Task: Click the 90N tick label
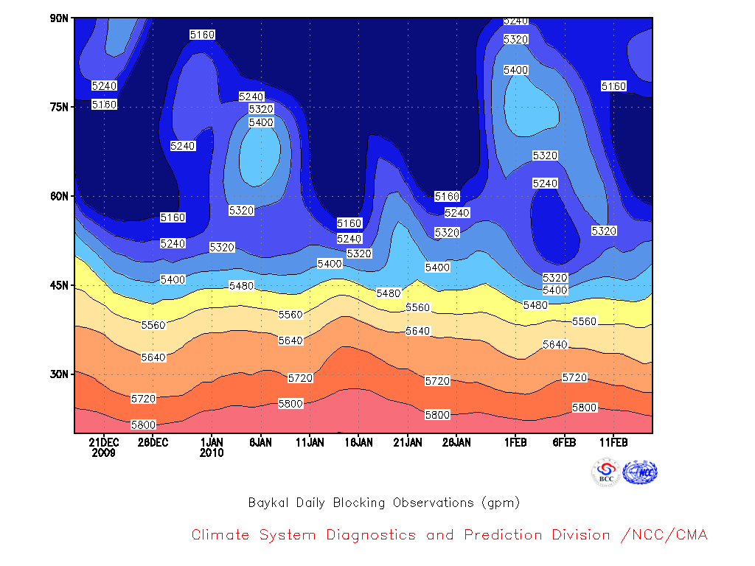point(59,18)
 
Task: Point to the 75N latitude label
point(59,107)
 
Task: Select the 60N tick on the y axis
point(59,196)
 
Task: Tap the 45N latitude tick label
point(59,285)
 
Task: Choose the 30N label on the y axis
point(59,374)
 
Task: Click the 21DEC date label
point(104,442)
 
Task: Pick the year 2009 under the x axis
point(104,453)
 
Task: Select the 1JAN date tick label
point(212,442)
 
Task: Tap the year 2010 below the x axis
point(212,453)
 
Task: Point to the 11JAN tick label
point(310,442)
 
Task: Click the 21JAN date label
point(408,442)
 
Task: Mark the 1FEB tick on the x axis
point(515,442)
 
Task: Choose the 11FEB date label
point(613,442)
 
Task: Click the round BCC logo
point(606,472)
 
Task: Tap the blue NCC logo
point(640,472)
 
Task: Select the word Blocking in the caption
point(359,503)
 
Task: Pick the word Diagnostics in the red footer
point(371,535)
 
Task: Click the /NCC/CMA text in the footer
point(664,535)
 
